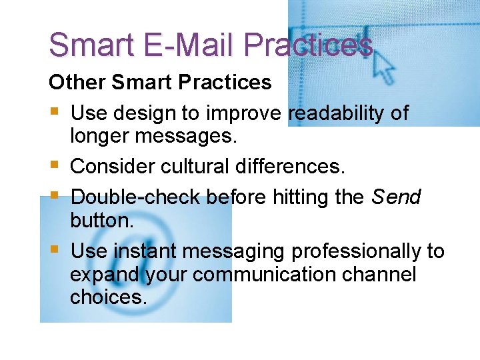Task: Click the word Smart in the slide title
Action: coord(91,45)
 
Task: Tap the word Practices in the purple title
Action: coord(308,45)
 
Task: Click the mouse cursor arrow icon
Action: coord(383,66)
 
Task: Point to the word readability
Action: coord(337,113)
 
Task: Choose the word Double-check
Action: coord(136,197)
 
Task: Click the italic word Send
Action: coord(396,197)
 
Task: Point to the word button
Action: coord(101,219)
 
